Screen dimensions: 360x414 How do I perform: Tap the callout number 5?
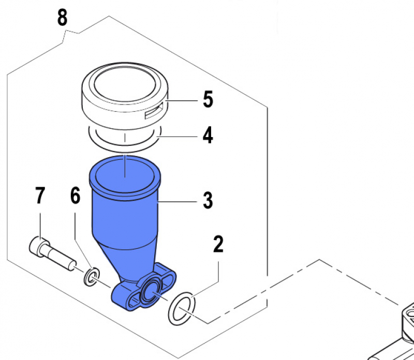pyautogui.click(x=208, y=100)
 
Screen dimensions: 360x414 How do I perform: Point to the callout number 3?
pyautogui.click(x=208, y=201)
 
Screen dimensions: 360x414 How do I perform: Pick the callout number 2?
pyautogui.click(x=218, y=244)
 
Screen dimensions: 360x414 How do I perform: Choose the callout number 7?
pyautogui.click(x=40, y=196)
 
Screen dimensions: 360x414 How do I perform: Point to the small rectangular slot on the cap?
pyautogui.click(x=154, y=111)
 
